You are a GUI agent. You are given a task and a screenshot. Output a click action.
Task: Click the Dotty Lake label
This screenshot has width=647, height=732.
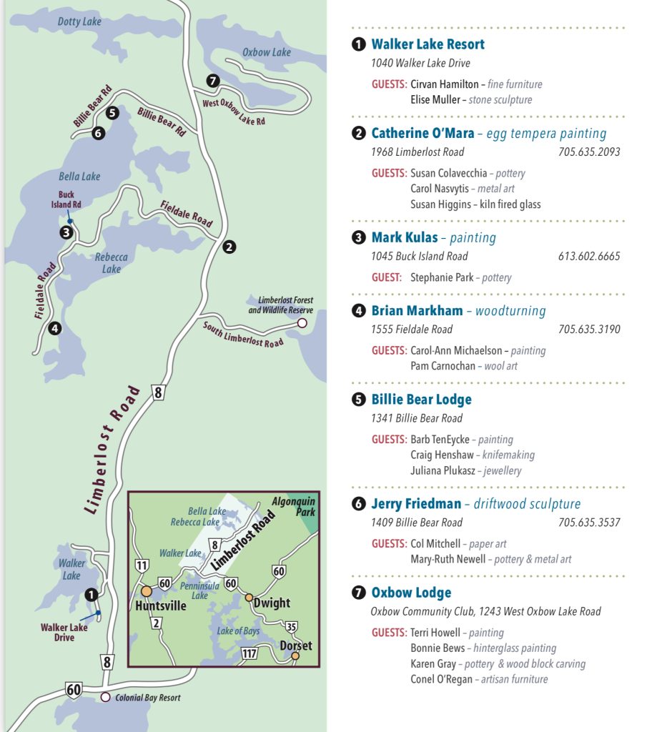tap(79, 21)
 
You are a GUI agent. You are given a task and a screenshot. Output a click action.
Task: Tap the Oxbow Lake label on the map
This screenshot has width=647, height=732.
tap(266, 52)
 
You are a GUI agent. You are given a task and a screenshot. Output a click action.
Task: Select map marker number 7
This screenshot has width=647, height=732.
tap(212, 80)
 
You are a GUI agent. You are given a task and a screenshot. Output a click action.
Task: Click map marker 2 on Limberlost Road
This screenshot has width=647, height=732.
tap(229, 247)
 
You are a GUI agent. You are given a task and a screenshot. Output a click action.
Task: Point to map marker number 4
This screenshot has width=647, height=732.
tap(54, 329)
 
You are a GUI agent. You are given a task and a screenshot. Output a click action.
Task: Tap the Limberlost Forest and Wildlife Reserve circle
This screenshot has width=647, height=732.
tap(302, 323)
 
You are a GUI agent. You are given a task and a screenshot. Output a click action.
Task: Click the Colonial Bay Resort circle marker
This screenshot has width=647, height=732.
tap(106, 697)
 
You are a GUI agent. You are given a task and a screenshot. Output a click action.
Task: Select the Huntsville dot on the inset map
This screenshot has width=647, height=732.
tap(147, 591)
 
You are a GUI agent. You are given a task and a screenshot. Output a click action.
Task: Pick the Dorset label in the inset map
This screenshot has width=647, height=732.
tap(296, 646)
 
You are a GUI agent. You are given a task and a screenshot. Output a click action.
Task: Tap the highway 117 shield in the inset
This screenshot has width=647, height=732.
tap(250, 653)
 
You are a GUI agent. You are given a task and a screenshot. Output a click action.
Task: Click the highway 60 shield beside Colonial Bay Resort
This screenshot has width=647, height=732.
tap(74, 689)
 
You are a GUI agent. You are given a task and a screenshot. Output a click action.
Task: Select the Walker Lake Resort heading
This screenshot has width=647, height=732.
tap(428, 44)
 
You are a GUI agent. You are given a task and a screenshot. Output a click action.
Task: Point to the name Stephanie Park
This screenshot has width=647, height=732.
tap(441, 277)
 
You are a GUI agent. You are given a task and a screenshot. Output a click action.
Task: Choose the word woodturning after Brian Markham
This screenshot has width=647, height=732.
tap(510, 311)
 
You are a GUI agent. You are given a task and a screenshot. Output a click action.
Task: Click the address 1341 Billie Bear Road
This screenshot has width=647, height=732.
tap(416, 418)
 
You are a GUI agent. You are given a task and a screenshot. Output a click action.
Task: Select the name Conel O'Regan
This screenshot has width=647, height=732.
tap(441, 679)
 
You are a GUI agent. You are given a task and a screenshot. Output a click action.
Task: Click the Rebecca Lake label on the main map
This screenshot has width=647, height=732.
tap(111, 263)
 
